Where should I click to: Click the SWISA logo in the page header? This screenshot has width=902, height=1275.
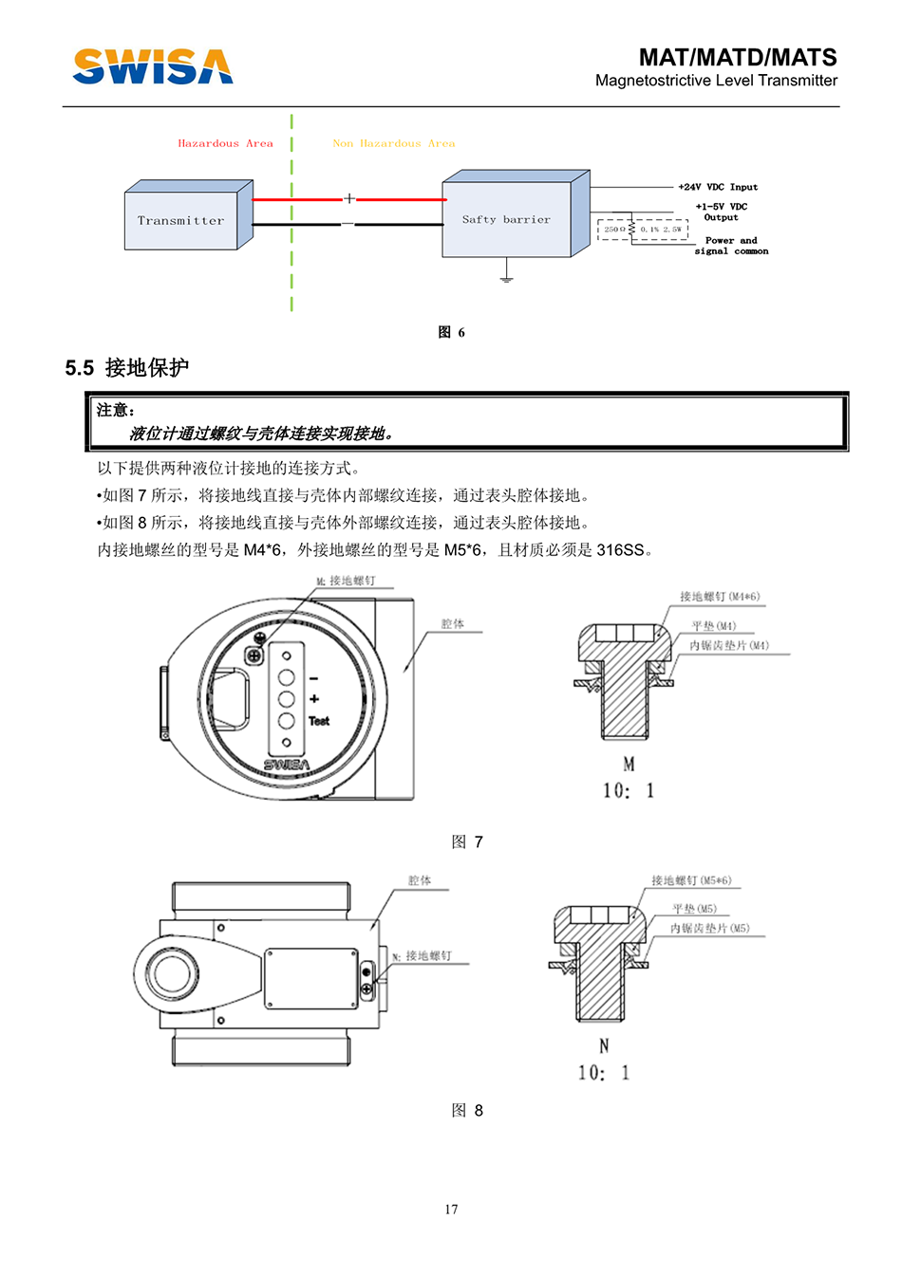[153, 66]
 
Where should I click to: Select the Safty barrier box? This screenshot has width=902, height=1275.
[506, 220]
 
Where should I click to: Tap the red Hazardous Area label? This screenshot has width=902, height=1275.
[225, 144]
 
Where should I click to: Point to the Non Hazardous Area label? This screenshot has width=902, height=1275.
[393, 144]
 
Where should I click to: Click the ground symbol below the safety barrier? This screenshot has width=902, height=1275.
[506, 276]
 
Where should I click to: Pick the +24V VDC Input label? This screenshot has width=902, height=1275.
[718, 188]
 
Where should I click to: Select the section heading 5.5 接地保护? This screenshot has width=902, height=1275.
[127, 368]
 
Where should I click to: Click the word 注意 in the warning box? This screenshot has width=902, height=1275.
[114, 411]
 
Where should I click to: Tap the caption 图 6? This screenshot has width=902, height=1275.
[451, 332]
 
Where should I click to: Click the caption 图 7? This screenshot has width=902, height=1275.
[467, 841]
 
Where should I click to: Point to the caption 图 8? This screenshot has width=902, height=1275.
[467, 1110]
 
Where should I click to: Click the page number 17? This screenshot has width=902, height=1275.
[451, 1209]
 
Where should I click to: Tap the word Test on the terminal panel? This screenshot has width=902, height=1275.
[319, 721]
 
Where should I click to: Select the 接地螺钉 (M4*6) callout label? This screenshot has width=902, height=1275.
[719, 597]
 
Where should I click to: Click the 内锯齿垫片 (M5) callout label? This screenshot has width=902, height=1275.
[709, 929]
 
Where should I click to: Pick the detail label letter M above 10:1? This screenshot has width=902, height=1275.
[629, 764]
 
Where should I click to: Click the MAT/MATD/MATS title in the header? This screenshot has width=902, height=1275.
[738, 58]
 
